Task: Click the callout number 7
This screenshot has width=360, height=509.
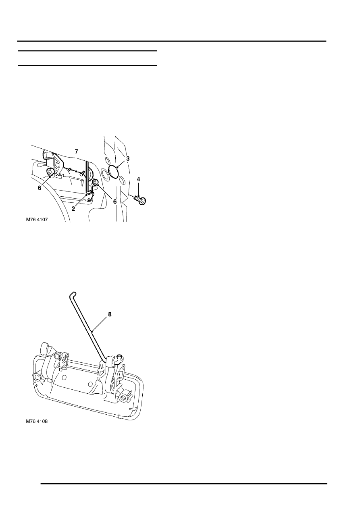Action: tap(76, 152)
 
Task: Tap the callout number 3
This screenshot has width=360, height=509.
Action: tap(128, 159)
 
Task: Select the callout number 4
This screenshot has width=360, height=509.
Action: tap(138, 179)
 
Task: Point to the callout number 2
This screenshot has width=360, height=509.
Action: tap(73, 209)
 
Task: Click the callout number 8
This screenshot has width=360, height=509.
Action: tap(110, 314)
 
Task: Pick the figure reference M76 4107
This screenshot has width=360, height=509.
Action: tap(37, 220)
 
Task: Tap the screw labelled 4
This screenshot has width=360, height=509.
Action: tap(140, 200)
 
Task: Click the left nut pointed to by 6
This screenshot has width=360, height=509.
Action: tap(50, 172)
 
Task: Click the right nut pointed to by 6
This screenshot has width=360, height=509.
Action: tap(95, 182)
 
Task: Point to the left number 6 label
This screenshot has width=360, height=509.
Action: tap(40, 188)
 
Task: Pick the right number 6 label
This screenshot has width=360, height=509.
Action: tap(115, 202)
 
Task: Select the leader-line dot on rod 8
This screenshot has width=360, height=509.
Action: tap(92, 332)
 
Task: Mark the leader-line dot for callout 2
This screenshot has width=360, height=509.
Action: tap(87, 194)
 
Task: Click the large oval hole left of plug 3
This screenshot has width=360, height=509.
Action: tap(105, 174)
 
